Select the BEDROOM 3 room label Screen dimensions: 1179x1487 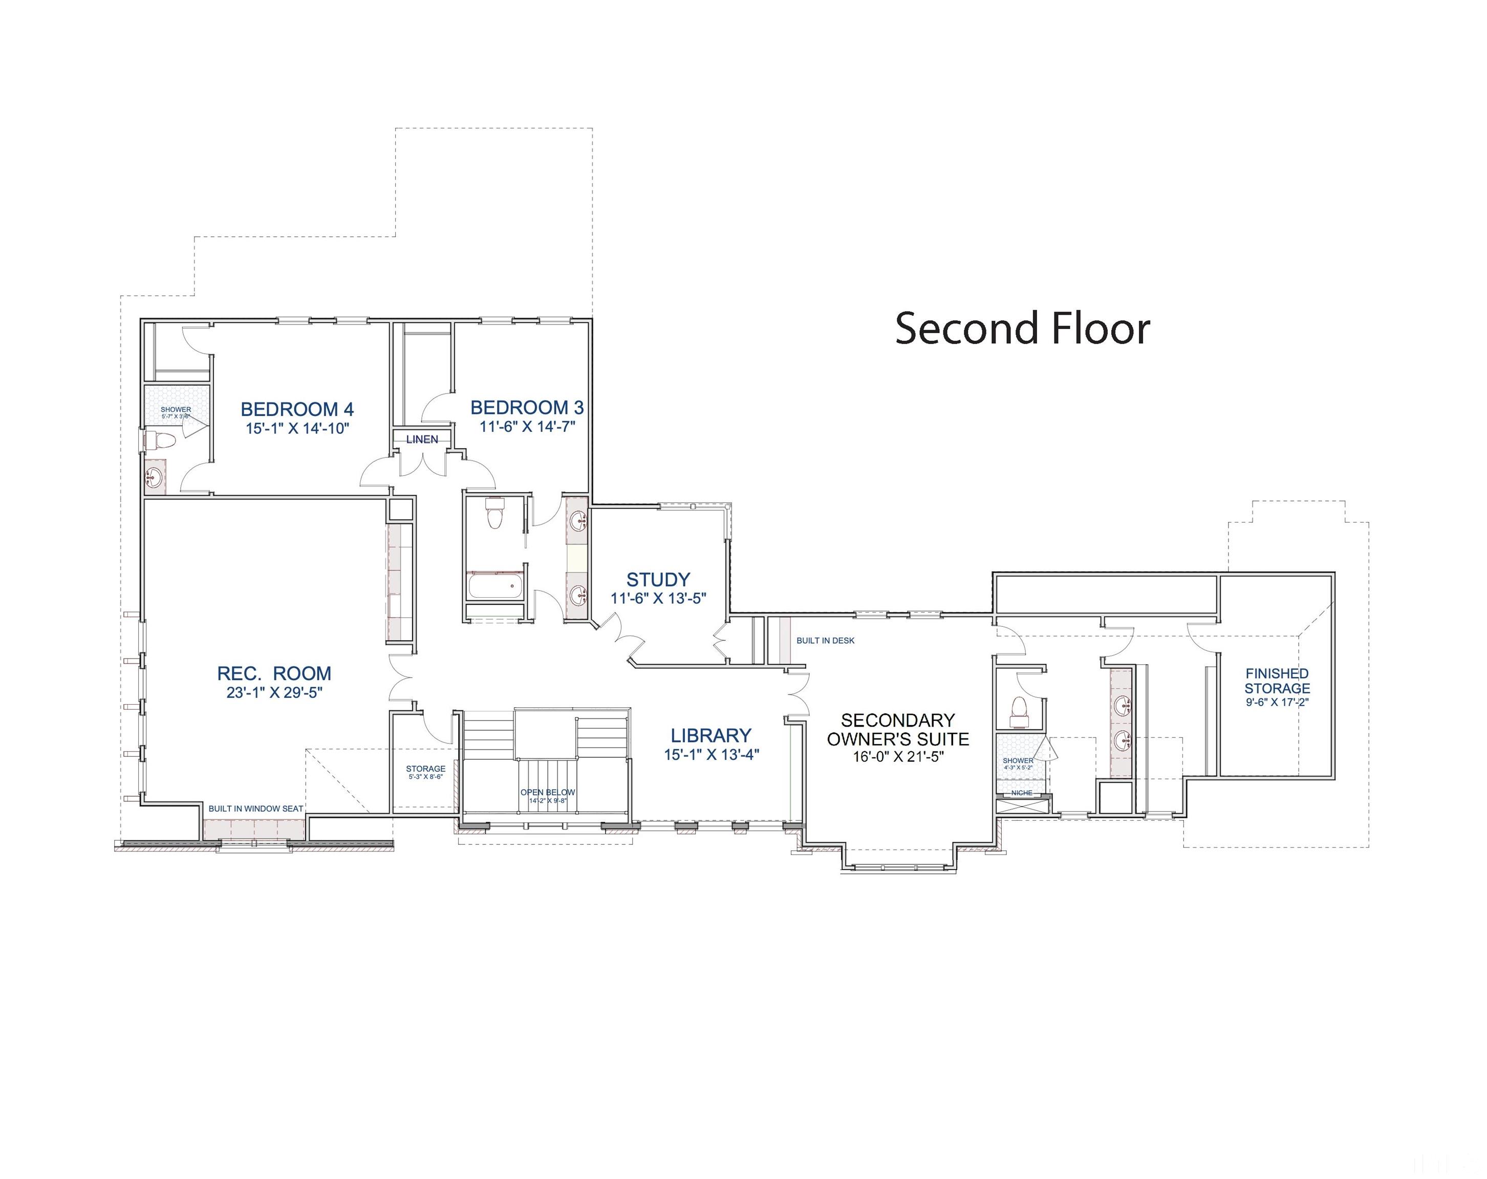click(527, 407)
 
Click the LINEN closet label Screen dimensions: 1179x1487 click(421, 439)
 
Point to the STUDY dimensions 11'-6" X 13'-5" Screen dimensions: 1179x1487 click(658, 599)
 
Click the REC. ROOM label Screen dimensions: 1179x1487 click(274, 673)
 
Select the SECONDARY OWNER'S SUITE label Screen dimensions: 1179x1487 click(897, 730)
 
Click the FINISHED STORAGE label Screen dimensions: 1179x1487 click(1277, 681)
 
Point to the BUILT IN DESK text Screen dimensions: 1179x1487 click(825, 641)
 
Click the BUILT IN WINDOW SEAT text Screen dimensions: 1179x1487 click(256, 809)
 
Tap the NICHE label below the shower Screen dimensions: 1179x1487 click(1022, 793)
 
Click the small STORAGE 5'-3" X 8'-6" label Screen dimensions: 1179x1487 click(425, 769)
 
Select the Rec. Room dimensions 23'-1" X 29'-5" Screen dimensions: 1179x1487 click(274, 693)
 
